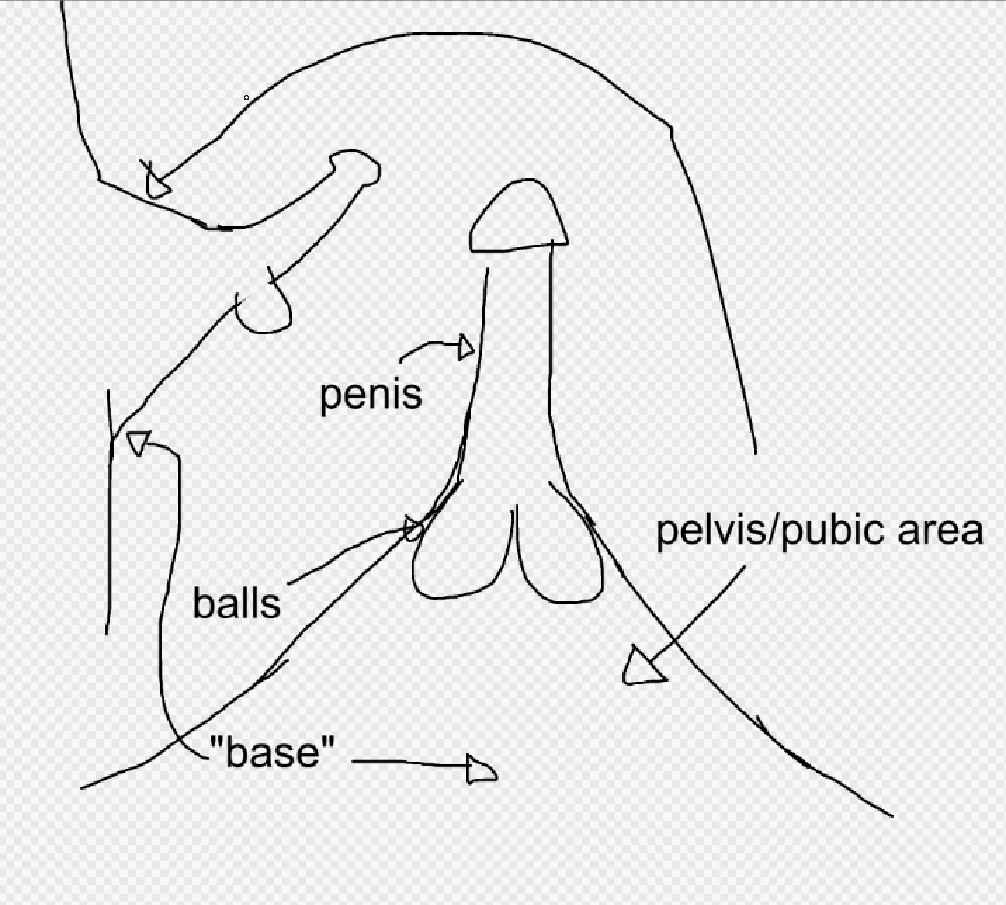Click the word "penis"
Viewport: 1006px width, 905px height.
(370, 395)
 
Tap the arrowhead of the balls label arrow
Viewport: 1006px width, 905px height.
(414, 528)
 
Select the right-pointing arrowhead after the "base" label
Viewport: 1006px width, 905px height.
(482, 771)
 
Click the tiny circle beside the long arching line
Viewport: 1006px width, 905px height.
(247, 98)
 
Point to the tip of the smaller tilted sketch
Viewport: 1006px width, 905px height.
(355, 168)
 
